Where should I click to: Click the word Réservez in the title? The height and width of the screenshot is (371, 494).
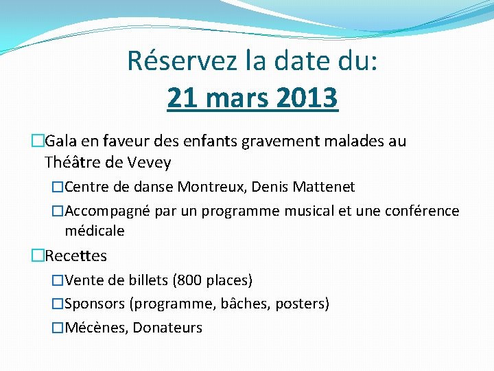click(181, 62)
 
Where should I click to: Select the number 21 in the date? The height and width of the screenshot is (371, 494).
click(181, 98)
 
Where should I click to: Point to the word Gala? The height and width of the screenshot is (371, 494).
click(61, 142)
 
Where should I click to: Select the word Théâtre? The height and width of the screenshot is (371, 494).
click(73, 163)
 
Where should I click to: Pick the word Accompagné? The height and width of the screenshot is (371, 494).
click(107, 211)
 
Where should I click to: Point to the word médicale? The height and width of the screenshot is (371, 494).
click(95, 231)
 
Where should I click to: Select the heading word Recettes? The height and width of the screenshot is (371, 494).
click(75, 256)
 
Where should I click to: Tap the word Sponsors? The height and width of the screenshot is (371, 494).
click(95, 304)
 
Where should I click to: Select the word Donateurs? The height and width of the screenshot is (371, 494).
click(167, 328)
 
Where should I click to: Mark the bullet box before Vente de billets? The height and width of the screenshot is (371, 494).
click(58, 280)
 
